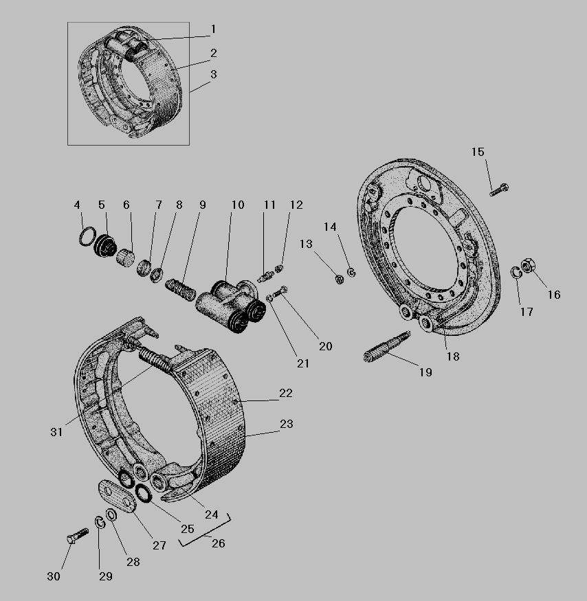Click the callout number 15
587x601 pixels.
click(x=478, y=152)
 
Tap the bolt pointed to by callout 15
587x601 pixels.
click(x=499, y=190)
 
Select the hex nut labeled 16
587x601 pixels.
click(x=529, y=265)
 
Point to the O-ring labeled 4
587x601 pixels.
click(x=87, y=236)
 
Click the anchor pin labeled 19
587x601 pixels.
click(x=386, y=347)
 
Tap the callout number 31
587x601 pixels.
click(x=56, y=432)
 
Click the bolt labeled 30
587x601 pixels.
click(x=78, y=535)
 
